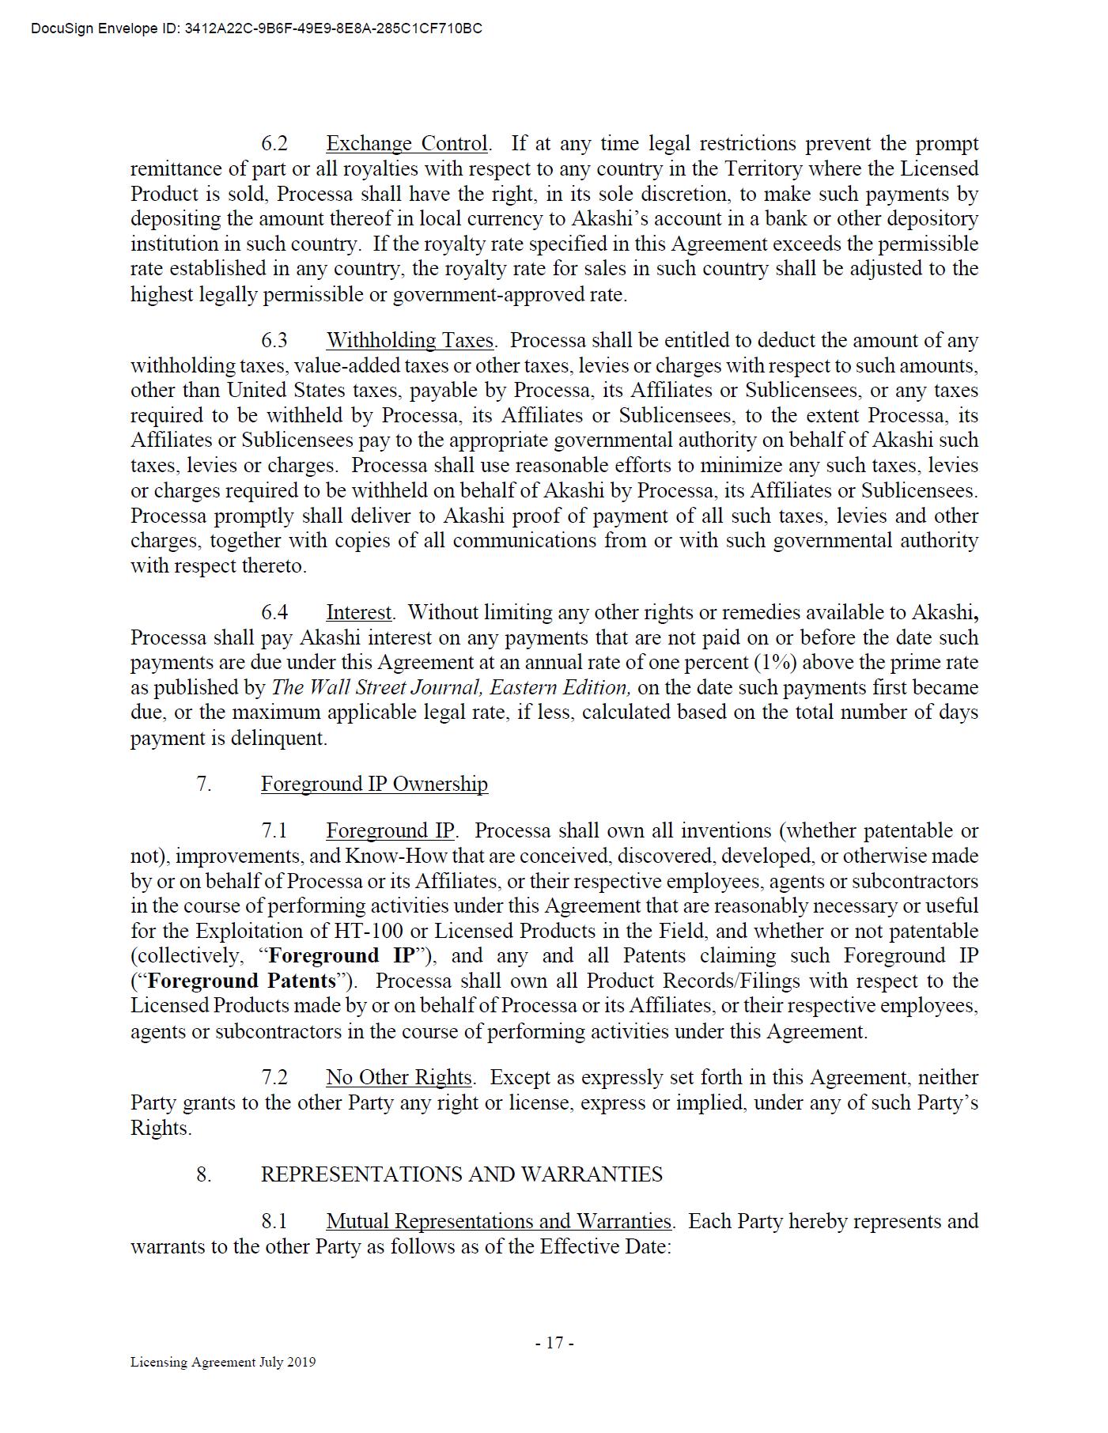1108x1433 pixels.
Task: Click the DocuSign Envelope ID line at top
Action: point(256,29)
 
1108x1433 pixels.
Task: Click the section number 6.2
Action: point(274,144)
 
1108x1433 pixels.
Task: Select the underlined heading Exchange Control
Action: point(407,144)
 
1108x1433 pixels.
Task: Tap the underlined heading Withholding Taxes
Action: point(410,341)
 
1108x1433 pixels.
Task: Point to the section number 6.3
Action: point(274,341)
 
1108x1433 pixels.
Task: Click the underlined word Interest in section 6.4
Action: point(359,613)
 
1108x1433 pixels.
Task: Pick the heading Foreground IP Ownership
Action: point(374,785)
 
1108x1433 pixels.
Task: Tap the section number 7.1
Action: point(274,831)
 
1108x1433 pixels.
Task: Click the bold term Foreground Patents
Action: point(242,981)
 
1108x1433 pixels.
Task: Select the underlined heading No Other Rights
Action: point(399,1078)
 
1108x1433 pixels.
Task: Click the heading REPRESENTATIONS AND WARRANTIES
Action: point(462,1174)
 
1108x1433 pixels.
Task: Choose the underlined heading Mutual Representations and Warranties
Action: point(498,1222)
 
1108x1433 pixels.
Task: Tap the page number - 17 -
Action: point(554,1343)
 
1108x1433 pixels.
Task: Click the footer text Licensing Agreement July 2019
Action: point(223,1362)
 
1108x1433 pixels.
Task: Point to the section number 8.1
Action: point(274,1222)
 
